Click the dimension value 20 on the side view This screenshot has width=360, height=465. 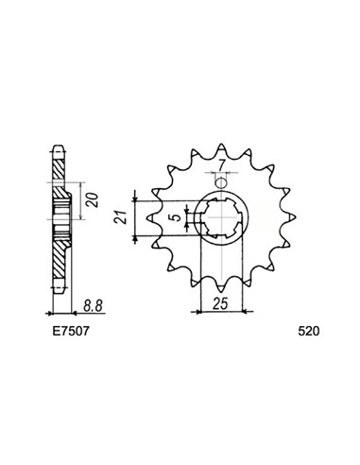click(88, 201)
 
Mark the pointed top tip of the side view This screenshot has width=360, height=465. click(59, 146)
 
